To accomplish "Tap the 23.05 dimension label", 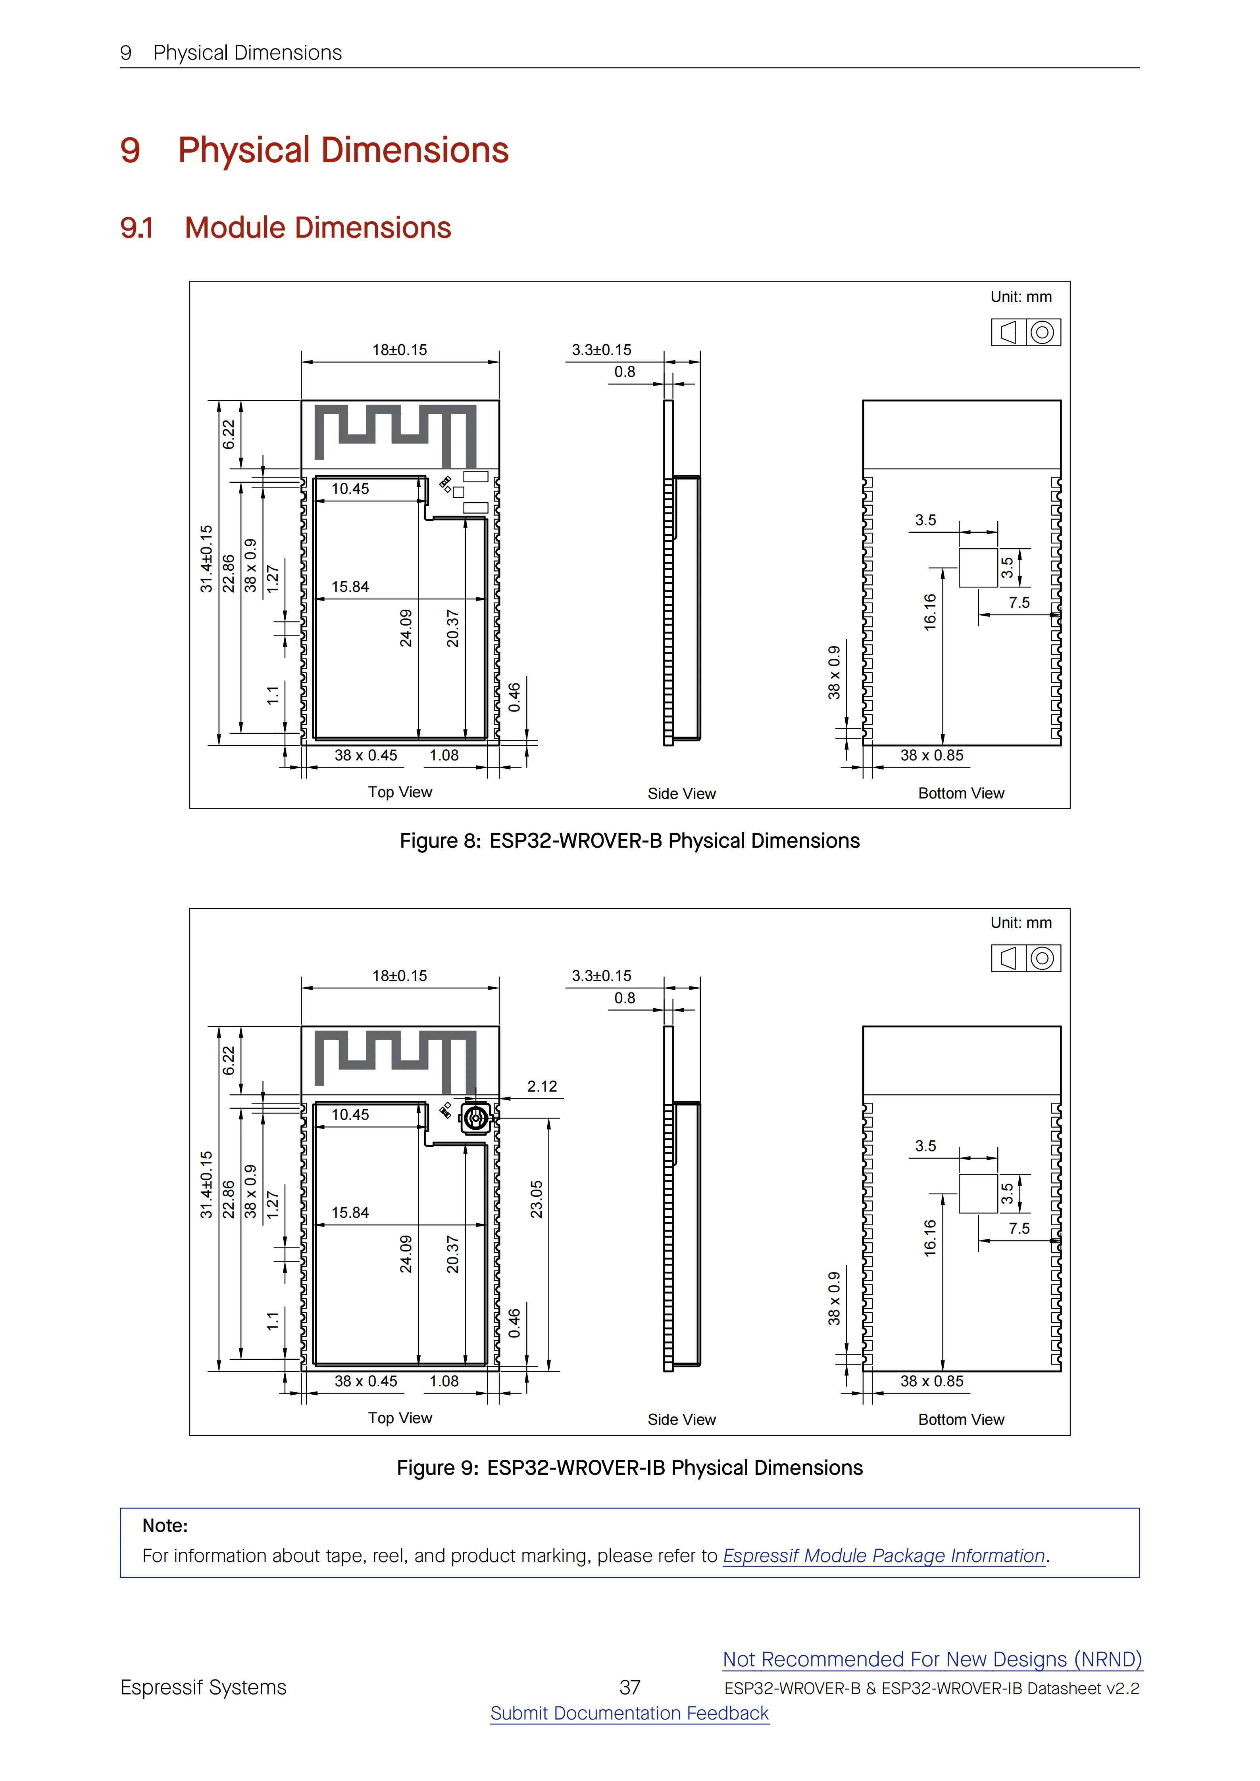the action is point(536,1199).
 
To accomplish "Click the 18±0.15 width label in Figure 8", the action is point(400,350).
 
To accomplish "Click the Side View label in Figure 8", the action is point(681,794).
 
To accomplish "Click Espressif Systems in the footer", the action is point(203,1688).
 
